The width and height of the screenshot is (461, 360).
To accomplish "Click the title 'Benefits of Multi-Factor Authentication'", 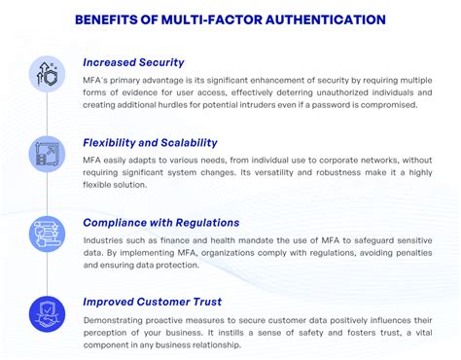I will (x=230, y=19).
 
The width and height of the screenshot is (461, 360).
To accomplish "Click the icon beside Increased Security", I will (x=46, y=73).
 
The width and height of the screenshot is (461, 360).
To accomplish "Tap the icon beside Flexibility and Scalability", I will (x=46, y=154).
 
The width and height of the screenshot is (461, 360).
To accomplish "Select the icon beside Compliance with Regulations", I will (x=46, y=233).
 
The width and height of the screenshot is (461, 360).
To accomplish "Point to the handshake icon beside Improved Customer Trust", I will (x=46, y=311).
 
